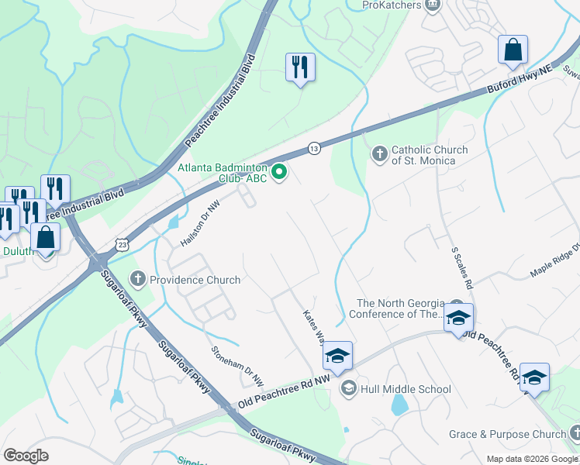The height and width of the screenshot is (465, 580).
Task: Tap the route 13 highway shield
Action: (x=314, y=147)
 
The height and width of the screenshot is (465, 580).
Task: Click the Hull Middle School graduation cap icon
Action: (x=349, y=389)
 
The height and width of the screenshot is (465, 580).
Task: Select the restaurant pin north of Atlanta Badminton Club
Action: (x=300, y=67)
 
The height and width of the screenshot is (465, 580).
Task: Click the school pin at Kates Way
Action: (x=338, y=356)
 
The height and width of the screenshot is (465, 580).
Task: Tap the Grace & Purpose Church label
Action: (x=507, y=435)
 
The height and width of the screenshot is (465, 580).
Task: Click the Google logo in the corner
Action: (x=26, y=456)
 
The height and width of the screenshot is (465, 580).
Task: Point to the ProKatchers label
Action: (x=392, y=5)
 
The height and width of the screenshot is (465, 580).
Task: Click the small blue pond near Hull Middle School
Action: (x=399, y=405)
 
